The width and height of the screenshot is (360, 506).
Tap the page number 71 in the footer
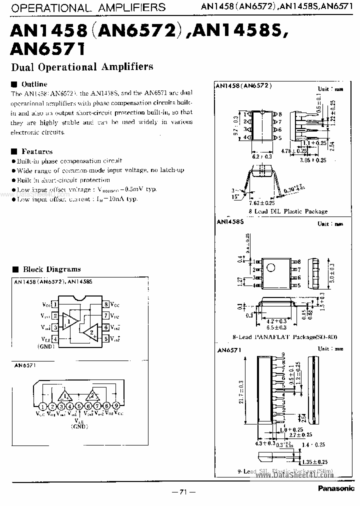click(179, 492)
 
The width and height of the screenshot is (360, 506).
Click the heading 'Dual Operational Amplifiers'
click(82, 66)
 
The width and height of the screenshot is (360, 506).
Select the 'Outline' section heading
click(34, 84)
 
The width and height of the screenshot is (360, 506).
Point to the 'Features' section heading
click(36, 151)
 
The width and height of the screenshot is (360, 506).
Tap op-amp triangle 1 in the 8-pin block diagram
click(68, 320)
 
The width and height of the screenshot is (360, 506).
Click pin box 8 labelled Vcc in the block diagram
click(106, 304)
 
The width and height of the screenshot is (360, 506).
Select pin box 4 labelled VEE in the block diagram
click(55, 339)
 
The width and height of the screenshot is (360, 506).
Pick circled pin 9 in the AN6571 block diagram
click(116, 406)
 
